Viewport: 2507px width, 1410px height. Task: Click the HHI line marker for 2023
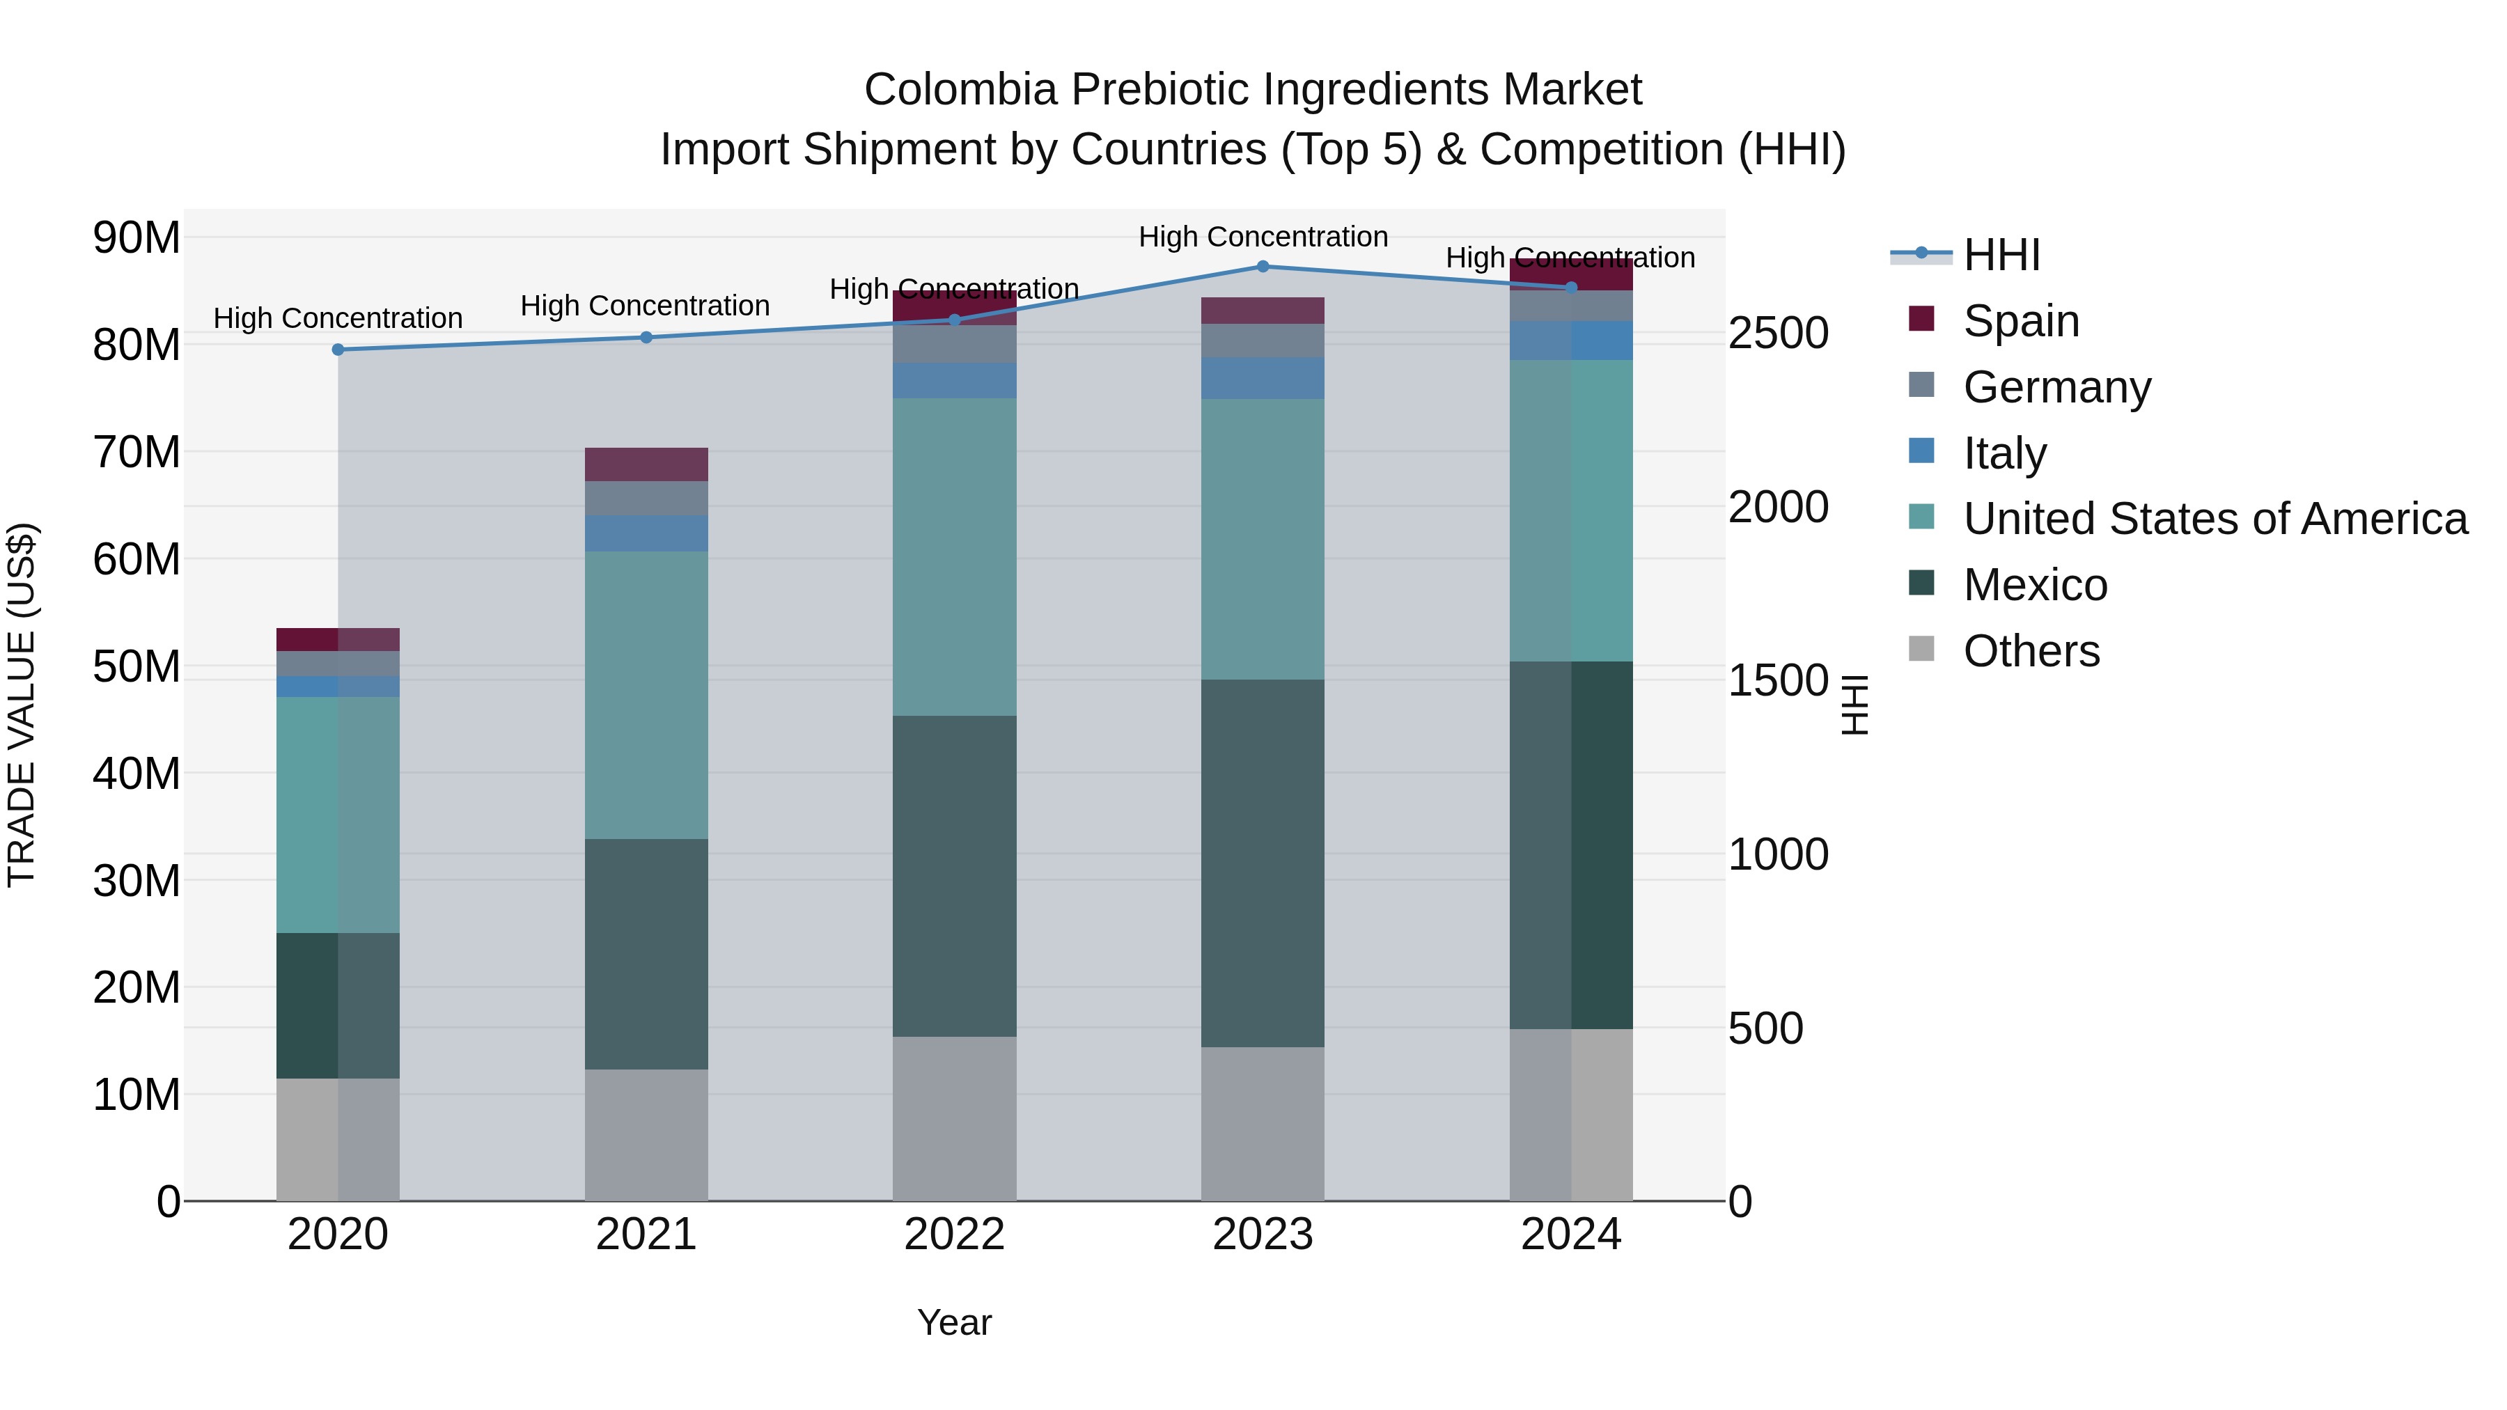tap(1263, 267)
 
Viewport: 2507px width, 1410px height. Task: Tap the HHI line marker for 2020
tap(338, 350)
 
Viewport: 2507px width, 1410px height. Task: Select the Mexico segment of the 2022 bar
tap(954, 876)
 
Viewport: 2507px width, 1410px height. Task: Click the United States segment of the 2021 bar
tap(646, 695)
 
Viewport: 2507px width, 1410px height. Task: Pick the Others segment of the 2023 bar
tap(1263, 1123)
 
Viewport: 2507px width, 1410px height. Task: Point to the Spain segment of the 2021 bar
tap(646, 464)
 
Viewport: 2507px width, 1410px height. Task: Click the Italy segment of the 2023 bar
tap(1263, 377)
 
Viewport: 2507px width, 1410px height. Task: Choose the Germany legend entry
tap(2056, 387)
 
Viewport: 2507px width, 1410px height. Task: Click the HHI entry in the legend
tap(2001, 255)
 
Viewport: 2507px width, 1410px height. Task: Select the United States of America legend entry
tap(2214, 519)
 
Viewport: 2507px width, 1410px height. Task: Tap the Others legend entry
tap(2031, 651)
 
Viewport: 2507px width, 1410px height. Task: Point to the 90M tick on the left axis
tap(136, 237)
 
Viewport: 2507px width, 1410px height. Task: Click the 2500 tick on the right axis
tap(1778, 333)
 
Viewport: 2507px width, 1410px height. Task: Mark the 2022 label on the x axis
tap(954, 1235)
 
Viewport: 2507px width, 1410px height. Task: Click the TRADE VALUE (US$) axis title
tap(22, 705)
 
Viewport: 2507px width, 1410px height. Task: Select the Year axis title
tap(954, 1322)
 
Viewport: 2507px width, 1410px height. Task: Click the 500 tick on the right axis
tap(1765, 1028)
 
